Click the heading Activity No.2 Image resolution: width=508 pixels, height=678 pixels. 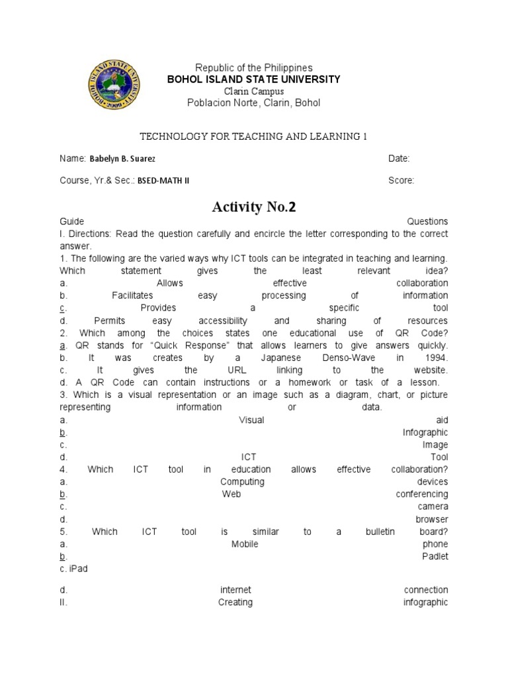(254, 207)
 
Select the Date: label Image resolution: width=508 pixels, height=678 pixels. (399, 159)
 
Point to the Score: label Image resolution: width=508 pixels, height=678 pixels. (402, 180)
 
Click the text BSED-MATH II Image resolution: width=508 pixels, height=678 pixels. (167, 181)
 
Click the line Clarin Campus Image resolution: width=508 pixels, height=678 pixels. (253, 91)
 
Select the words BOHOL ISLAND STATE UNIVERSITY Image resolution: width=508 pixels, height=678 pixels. (254, 79)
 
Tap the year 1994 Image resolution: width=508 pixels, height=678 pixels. (437, 358)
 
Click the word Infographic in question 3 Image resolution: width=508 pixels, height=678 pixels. (425, 432)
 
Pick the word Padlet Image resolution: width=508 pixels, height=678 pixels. (435, 556)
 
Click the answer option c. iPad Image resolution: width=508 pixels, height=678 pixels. (73, 569)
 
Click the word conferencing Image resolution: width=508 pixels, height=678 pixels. (422, 494)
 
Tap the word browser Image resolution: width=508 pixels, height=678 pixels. (432, 519)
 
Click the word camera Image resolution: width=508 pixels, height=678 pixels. (433, 507)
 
